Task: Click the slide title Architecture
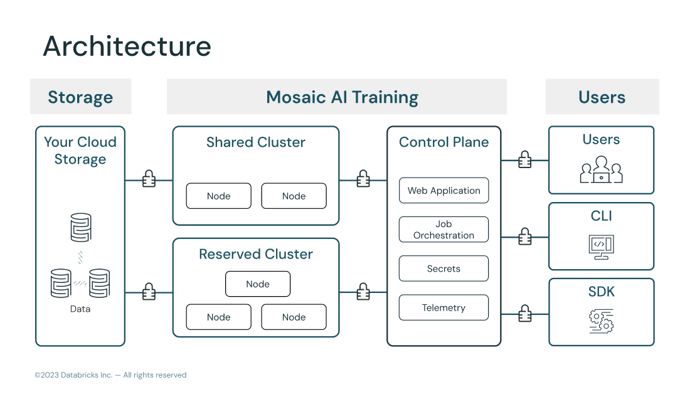[x=127, y=47]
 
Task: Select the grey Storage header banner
[x=80, y=97]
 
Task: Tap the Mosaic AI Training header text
[x=342, y=97]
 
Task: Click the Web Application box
[x=443, y=191]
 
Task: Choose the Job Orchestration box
[x=443, y=230]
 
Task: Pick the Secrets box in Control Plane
[x=443, y=269]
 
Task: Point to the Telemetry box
[x=443, y=307]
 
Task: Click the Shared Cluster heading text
[x=255, y=142]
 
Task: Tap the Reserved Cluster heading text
[x=255, y=254]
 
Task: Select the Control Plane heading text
[x=443, y=142]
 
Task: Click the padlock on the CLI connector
[x=525, y=237]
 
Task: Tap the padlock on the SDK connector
[x=525, y=313]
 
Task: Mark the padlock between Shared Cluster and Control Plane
[x=363, y=179]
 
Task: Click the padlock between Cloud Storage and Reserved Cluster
[x=149, y=292]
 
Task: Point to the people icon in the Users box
[x=601, y=169]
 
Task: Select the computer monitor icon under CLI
[x=601, y=246]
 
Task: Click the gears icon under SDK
[x=601, y=321]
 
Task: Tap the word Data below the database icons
[x=80, y=309]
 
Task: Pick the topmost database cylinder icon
[x=80, y=227]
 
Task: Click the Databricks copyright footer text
[x=110, y=375]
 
